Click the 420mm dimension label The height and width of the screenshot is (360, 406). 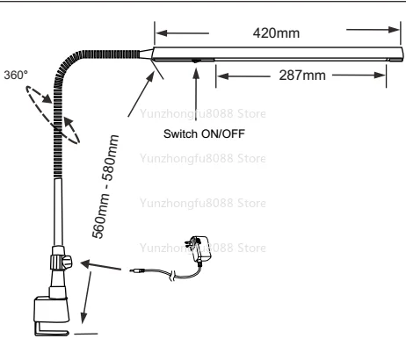coord(276,33)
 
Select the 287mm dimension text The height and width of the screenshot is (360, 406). coord(302,76)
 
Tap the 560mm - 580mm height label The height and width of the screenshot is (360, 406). coord(105,186)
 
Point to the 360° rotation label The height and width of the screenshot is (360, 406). coord(16,75)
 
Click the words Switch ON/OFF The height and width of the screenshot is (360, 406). coord(204,133)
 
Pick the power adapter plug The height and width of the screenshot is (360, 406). coord(199,248)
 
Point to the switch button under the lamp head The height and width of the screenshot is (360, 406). coord(195,61)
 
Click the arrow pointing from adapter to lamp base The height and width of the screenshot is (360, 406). coord(100,265)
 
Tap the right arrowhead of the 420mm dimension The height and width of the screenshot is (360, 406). coord(394,30)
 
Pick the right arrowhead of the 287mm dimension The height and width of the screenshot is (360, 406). coord(380,76)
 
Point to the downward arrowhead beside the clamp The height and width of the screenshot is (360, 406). coord(84,318)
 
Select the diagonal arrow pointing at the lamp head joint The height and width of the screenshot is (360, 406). coord(141,94)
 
